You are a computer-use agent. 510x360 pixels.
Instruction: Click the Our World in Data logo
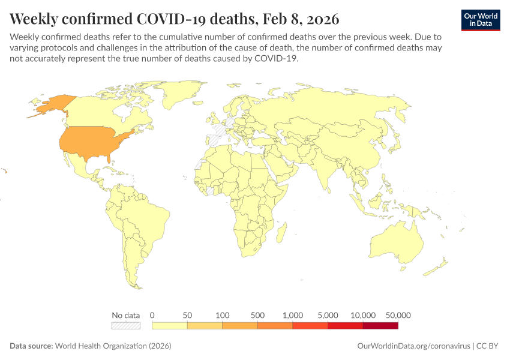480,20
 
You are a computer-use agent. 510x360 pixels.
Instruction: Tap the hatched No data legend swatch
125,325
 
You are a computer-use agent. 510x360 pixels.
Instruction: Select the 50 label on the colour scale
187,315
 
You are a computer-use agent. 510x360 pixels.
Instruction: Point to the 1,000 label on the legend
293,315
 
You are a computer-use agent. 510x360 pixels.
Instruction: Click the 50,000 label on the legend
398,315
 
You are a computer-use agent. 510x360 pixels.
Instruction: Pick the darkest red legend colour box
380,325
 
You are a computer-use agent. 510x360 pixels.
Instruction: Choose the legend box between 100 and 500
240,325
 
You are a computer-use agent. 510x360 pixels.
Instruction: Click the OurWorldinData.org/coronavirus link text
413,346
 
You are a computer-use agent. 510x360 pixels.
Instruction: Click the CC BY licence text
488,346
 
